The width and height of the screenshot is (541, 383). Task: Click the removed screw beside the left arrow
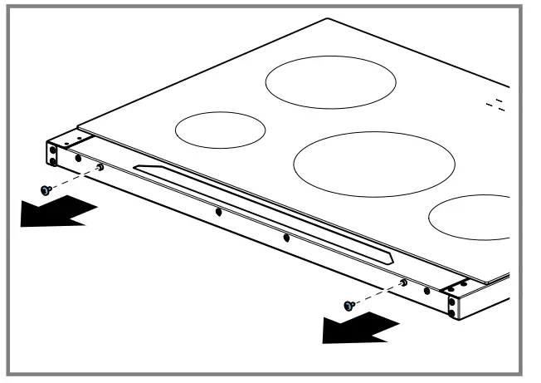pyautogui.click(x=46, y=189)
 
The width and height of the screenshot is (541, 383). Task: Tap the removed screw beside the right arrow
pyautogui.click(x=348, y=307)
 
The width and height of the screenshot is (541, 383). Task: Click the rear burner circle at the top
pyautogui.click(x=330, y=84)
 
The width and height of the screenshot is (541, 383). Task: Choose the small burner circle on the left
pyautogui.click(x=220, y=130)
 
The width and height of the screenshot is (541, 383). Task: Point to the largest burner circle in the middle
pyautogui.click(x=373, y=161)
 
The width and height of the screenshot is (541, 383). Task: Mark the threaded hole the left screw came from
pyautogui.click(x=100, y=168)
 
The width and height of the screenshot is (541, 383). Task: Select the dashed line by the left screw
pyautogui.click(x=73, y=179)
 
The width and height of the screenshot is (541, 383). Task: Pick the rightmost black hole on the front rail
pyautogui.click(x=426, y=292)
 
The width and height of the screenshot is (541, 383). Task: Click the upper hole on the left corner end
pyautogui.click(x=53, y=149)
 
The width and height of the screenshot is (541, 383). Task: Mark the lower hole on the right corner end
pyautogui.click(x=451, y=313)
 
